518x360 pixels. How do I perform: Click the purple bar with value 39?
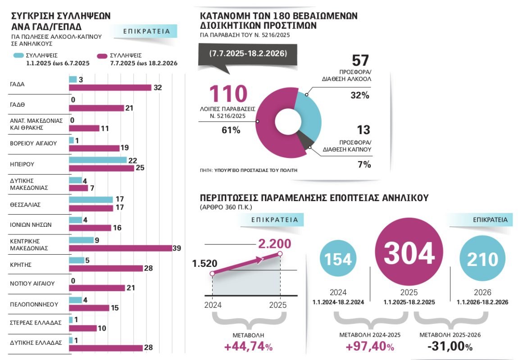coord(120,248)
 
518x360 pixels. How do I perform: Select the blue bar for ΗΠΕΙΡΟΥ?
coord(98,160)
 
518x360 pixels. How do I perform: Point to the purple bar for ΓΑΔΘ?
coord(96,108)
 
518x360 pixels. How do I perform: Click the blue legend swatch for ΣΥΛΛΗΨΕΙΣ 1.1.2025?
coord(18,55)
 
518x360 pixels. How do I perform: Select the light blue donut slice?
coord(309,112)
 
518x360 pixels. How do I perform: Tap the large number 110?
coord(228,94)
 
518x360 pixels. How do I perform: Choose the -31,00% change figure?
coord(450,347)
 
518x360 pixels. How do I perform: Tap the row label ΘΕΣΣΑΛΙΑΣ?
coord(25,204)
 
